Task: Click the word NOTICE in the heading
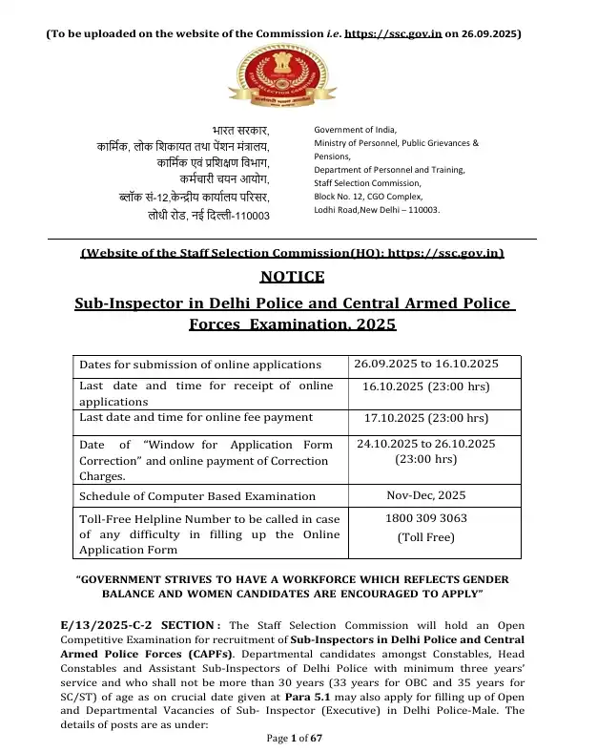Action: pyautogui.click(x=292, y=278)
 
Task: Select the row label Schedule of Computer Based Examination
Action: pyautogui.click(x=197, y=496)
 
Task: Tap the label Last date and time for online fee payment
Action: pyautogui.click(x=196, y=417)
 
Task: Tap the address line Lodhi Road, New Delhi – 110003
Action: pyautogui.click(x=377, y=210)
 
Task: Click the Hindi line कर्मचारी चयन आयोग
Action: pyautogui.click(x=225, y=179)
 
